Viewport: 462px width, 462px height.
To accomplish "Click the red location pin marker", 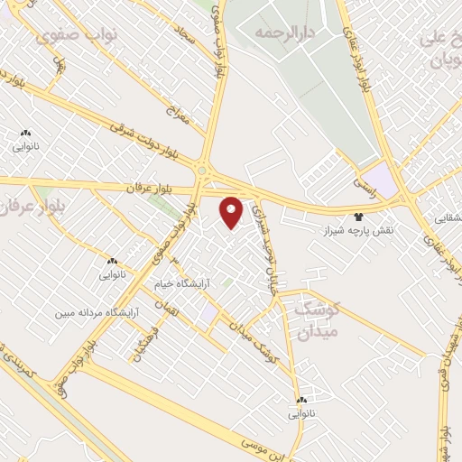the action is pos(232,212).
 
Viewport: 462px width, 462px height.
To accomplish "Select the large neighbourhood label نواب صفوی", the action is pos(71,37).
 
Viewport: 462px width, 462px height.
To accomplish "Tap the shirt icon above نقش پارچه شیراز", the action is pos(359,217).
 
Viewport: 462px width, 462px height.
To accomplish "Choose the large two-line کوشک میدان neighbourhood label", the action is pos(316,320).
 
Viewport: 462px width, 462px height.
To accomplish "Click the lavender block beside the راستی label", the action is pos(384,179).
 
